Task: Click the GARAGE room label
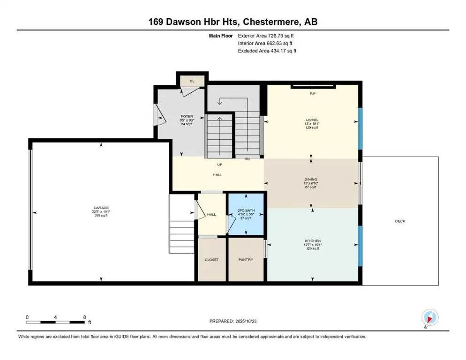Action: [x=101, y=207]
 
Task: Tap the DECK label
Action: [x=400, y=221]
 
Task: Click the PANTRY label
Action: [x=246, y=260]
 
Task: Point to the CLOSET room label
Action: [x=211, y=260]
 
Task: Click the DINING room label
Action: [x=311, y=179]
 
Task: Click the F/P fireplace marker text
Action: [x=313, y=94]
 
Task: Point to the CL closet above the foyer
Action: [x=192, y=81]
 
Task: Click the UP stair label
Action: [x=219, y=165]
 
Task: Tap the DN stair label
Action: [x=247, y=159]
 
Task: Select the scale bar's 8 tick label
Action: [x=84, y=317]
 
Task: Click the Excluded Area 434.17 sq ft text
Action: [x=268, y=51]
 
